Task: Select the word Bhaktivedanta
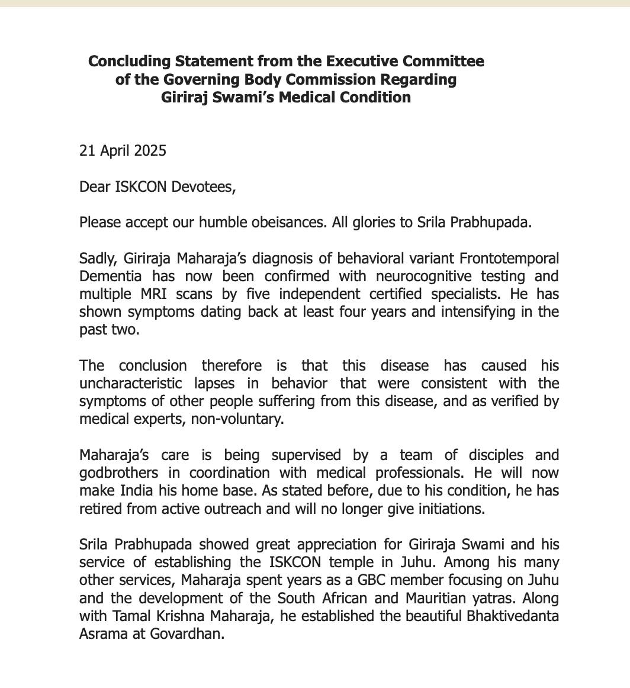(x=513, y=616)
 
